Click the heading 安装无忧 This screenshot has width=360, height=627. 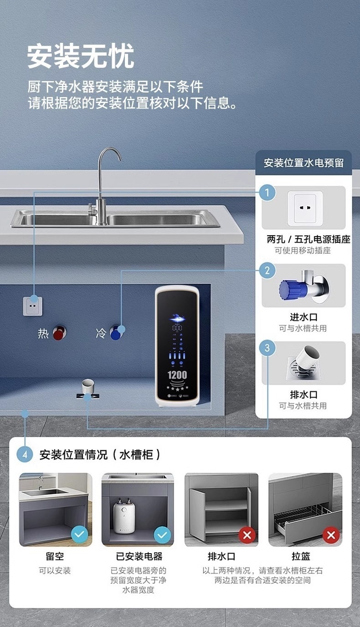tap(81, 57)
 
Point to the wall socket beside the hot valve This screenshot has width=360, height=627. tap(33, 306)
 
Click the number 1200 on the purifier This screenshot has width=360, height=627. tap(177, 375)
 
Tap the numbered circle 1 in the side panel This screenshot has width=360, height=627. tap(267, 193)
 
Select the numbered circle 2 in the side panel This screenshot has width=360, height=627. tap(267, 271)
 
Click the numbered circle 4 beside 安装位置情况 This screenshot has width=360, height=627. tap(25, 454)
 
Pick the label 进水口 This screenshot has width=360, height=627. tap(303, 317)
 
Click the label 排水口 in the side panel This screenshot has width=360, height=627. tap(303, 395)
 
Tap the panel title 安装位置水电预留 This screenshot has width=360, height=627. tap(303, 163)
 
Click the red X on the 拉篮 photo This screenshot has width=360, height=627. tap(331, 534)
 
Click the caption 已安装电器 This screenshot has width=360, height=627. tap(139, 556)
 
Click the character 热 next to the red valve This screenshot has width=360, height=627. tap(43, 334)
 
